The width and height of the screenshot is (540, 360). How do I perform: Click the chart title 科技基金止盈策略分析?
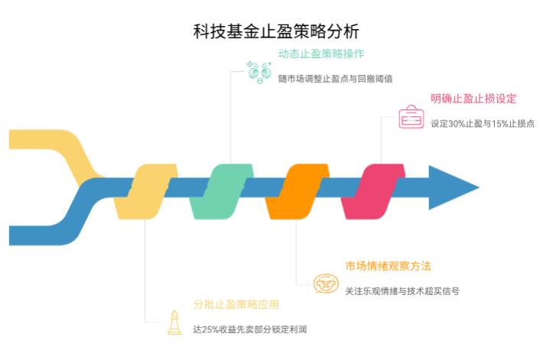pos(275,32)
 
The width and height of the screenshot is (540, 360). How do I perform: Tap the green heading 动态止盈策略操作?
pos(320,54)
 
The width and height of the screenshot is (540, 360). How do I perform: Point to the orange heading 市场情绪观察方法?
pos(388,267)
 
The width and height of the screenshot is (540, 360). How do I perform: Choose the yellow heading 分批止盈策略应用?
pos(236,305)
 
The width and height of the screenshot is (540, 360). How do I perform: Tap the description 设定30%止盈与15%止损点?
pos(482,123)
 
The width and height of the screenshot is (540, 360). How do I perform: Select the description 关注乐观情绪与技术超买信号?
pos(402,291)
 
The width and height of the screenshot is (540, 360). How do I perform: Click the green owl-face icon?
pos(258,71)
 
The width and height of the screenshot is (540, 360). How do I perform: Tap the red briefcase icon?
pos(411,118)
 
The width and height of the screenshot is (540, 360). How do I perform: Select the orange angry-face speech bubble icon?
pos(326,284)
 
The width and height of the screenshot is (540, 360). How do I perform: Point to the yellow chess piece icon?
pos(175,323)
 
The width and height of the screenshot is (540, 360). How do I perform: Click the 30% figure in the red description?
pos(457,123)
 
